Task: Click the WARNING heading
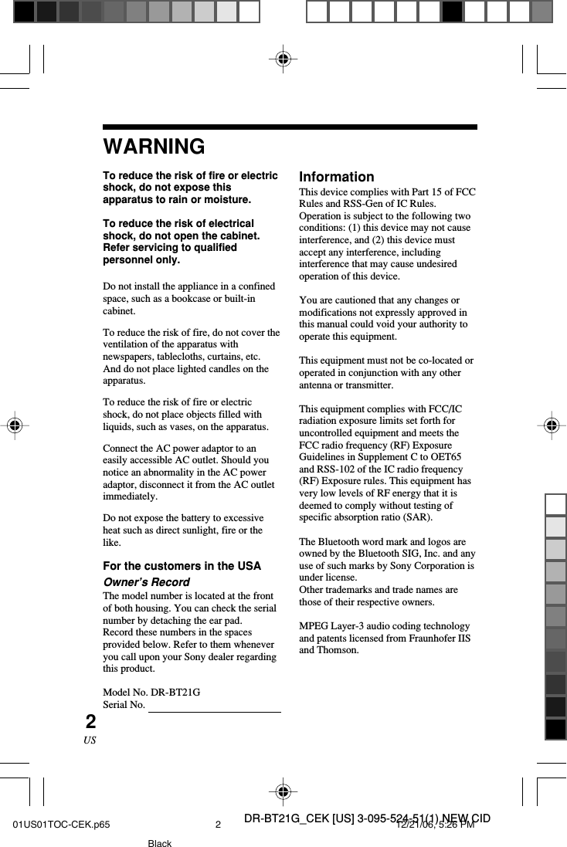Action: (x=154, y=146)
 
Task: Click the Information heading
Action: (x=336, y=177)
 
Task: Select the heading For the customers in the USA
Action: (x=182, y=566)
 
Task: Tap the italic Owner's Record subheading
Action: (x=146, y=581)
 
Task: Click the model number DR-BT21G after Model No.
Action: (x=175, y=693)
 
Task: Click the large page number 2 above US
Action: (x=91, y=722)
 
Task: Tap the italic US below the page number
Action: (x=90, y=740)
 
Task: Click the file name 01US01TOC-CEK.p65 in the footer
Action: (x=61, y=825)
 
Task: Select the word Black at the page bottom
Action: (x=160, y=843)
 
